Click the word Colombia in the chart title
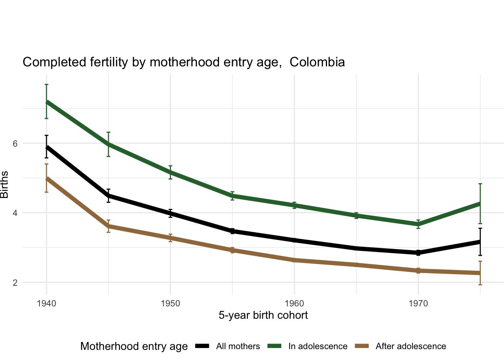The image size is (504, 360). tap(317, 62)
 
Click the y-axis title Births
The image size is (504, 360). tap(4, 184)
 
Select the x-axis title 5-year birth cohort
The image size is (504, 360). tap(263, 315)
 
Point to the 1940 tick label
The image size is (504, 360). tap(46, 303)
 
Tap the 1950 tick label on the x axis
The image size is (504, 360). tap(170, 303)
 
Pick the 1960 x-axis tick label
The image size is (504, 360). tap(294, 303)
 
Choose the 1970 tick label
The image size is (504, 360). tap(418, 303)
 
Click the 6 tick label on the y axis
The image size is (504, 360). tap(15, 143)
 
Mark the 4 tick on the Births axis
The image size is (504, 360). tap(15, 213)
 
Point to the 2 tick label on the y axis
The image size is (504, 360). tap(15, 282)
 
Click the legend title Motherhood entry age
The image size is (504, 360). tap(134, 346)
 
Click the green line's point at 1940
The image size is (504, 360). tap(46, 102)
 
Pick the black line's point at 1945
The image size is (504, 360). tap(108, 195)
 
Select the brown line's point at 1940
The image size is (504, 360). tap(46, 178)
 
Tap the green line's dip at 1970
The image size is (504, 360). tap(418, 224)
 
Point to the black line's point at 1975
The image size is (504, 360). tap(480, 242)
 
